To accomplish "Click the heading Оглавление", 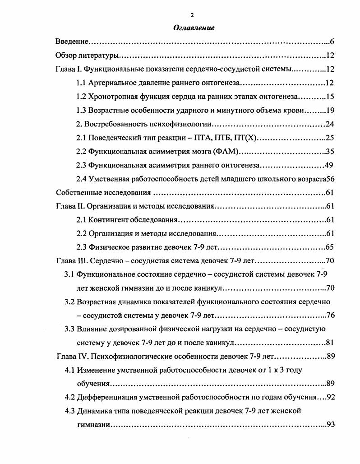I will tap(194, 28).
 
